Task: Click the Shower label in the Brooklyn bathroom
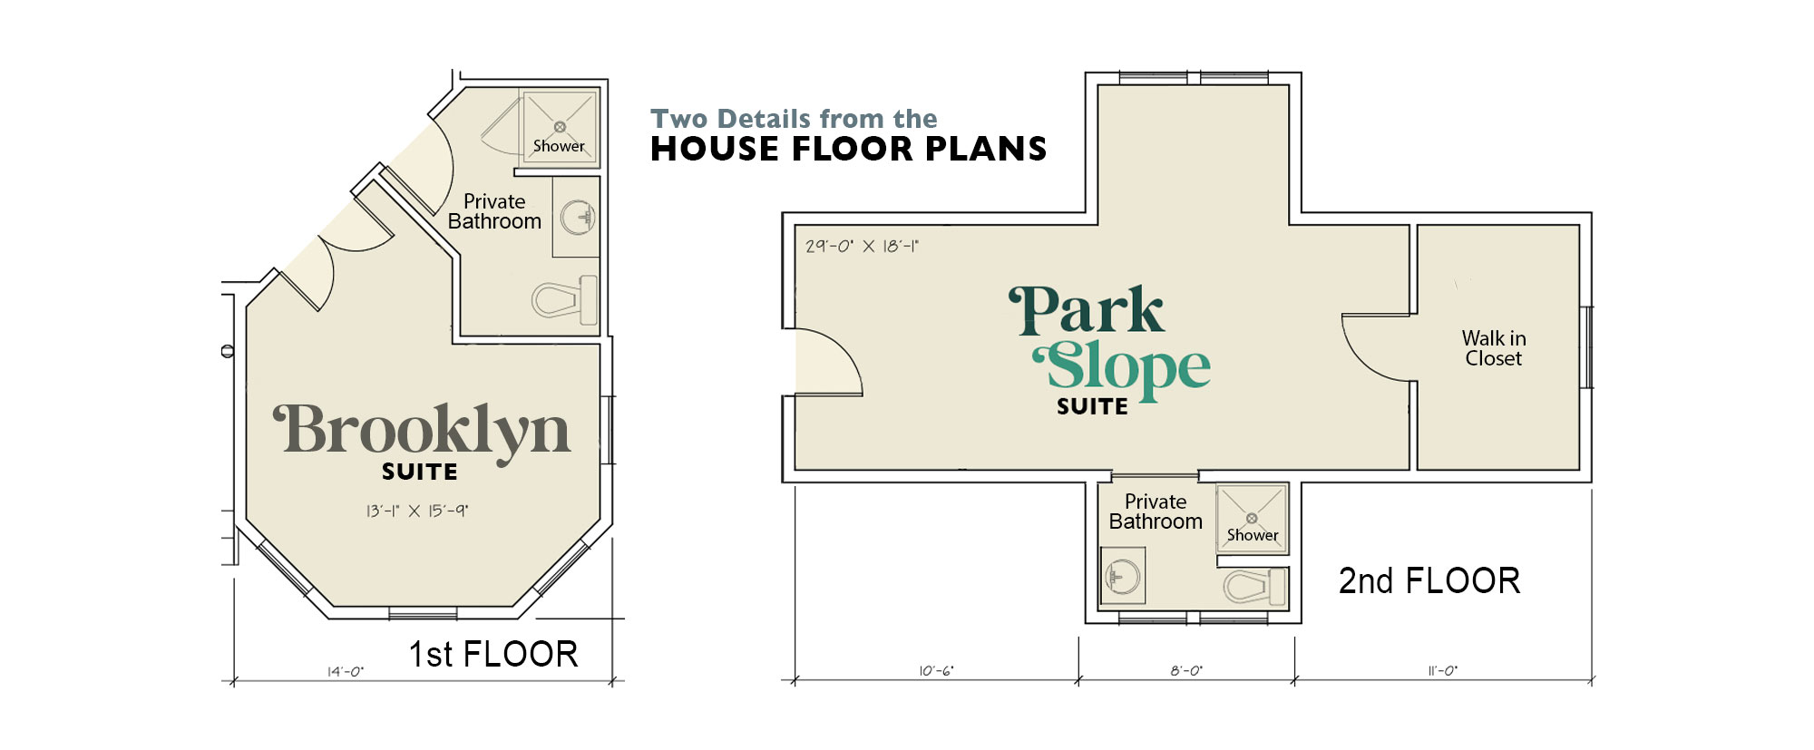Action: (x=559, y=146)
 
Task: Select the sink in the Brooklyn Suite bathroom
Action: (x=577, y=218)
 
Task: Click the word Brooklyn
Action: (x=423, y=433)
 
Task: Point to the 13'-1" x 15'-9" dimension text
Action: (x=417, y=511)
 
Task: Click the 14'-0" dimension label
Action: (x=346, y=671)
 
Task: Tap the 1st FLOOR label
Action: (x=493, y=654)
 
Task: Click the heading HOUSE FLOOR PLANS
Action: (x=849, y=149)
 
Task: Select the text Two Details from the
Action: (x=795, y=119)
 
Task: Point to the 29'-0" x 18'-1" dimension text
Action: (x=862, y=246)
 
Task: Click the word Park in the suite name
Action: (x=1087, y=310)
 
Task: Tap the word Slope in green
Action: (x=1122, y=367)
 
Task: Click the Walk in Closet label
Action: (x=1494, y=348)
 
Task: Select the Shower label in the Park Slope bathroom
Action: (x=1253, y=535)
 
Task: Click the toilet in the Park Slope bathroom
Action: (x=1254, y=586)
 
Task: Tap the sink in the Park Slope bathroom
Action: (x=1123, y=576)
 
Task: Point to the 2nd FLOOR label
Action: (x=1429, y=580)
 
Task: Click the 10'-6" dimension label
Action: (x=936, y=671)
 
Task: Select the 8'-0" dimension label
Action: (x=1186, y=671)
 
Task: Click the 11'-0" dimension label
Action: (x=1443, y=671)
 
